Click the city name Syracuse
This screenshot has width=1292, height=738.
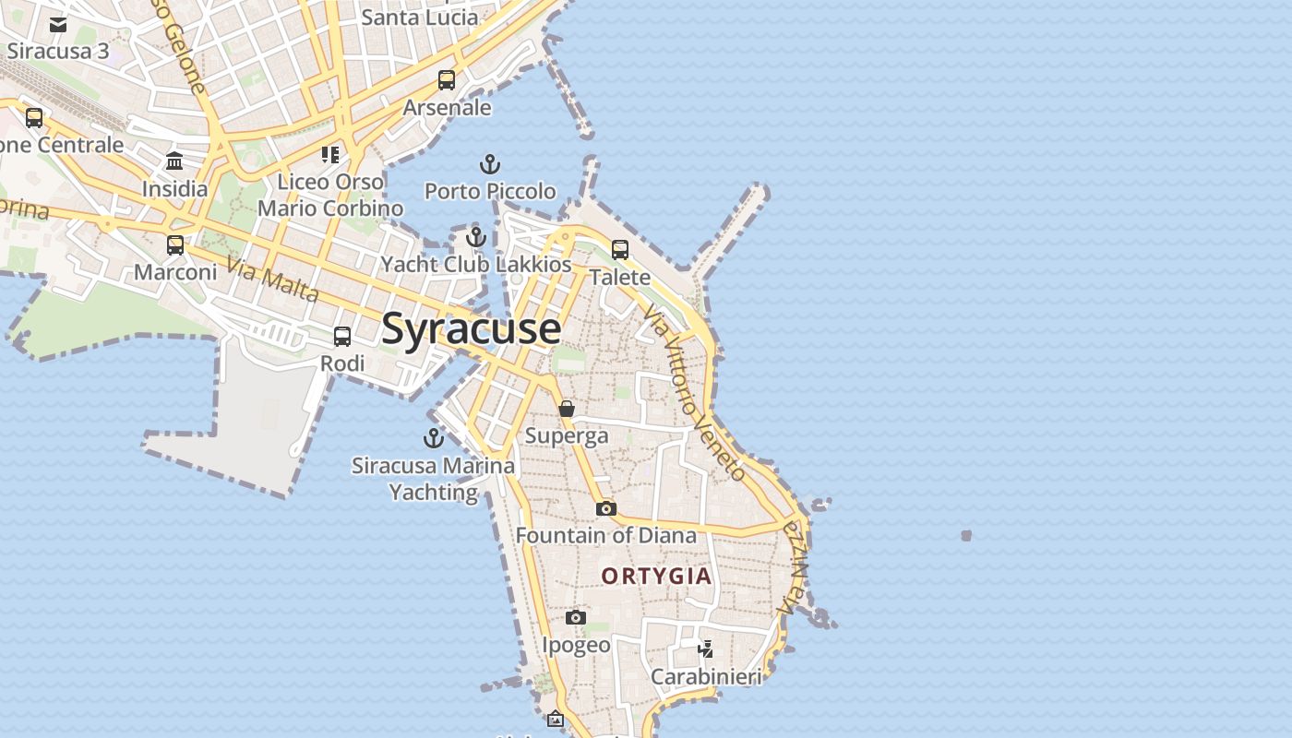coord(471,329)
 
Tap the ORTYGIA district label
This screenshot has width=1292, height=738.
coord(657,577)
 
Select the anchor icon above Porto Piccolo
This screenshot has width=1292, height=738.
coord(490,165)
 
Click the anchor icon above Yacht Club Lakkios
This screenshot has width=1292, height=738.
coord(476,238)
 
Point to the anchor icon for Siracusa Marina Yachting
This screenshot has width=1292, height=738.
coord(434,438)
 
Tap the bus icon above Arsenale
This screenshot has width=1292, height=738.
coord(447,80)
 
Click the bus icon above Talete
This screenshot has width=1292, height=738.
coord(620,250)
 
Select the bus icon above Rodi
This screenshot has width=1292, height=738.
coord(342,337)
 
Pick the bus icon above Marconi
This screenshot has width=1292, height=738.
coord(175,245)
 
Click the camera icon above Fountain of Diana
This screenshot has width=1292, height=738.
coord(605,508)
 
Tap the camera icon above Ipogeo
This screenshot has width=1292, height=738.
coord(576,617)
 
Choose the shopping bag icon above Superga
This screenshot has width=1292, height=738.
coord(567,409)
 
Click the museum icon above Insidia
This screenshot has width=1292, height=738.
coord(174,162)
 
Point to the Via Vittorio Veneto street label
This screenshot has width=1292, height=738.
coord(694,393)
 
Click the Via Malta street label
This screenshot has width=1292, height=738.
coord(272,281)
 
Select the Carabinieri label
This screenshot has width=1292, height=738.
coord(707,677)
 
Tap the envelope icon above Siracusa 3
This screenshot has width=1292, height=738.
coord(58,25)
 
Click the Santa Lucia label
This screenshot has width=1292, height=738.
coord(420,18)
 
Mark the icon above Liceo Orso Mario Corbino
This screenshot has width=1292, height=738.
coord(330,154)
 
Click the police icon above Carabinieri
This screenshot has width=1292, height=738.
coord(706,649)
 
